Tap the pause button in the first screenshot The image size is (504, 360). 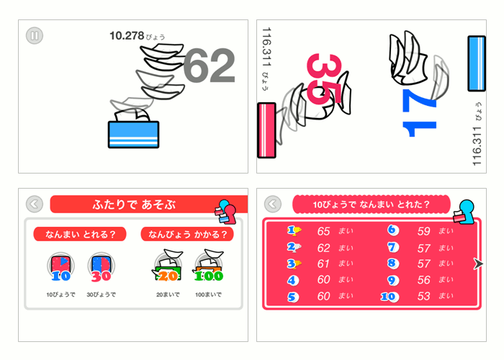pyautogui.click(x=35, y=35)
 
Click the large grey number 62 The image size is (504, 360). pyautogui.click(x=209, y=67)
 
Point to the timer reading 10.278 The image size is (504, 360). pyautogui.click(x=127, y=35)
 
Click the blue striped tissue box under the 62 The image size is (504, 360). pyautogui.click(x=132, y=134)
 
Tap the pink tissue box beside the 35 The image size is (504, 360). pyautogui.click(x=266, y=130)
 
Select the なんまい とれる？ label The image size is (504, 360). pyautogui.click(x=80, y=234)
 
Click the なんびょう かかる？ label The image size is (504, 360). pyautogui.click(x=188, y=234)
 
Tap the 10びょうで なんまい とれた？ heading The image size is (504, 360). pyautogui.click(x=371, y=205)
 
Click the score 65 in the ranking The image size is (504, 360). pyautogui.click(x=324, y=231)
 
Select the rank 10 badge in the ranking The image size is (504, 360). pyautogui.click(x=390, y=296)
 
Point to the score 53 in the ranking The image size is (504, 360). pyautogui.click(x=424, y=296)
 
